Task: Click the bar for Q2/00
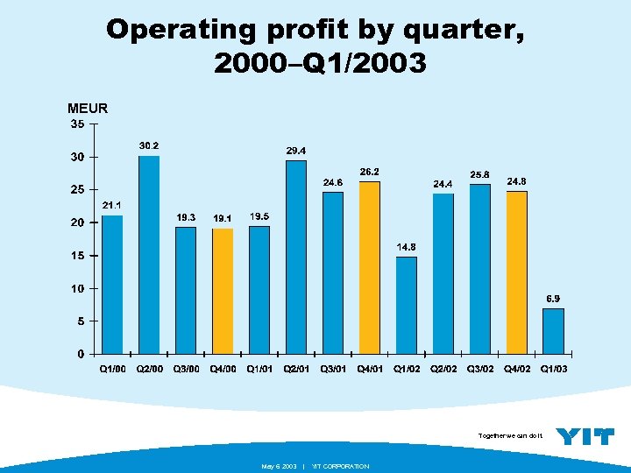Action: (149, 255)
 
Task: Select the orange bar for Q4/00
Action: (223, 291)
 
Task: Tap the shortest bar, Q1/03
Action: (553, 331)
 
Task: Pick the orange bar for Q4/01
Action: (370, 268)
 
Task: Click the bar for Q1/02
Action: (407, 305)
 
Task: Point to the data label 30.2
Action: (149, 145)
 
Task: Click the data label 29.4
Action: (296, 150)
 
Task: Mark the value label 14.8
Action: (407, 247)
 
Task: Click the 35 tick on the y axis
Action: (78, 124)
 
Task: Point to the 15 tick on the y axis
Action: (78, 256)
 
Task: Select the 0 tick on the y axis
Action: (81, 354)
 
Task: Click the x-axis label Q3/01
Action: (333, 370)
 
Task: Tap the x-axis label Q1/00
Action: (112, 370)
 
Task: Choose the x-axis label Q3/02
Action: (480, 370)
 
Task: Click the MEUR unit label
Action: (87, 109)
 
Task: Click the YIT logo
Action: (585, 436)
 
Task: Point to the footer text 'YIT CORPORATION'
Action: (341, 466)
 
